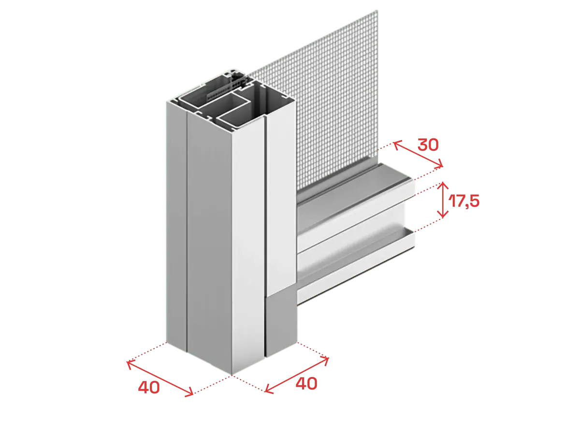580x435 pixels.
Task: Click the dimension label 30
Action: [x=428, y=145]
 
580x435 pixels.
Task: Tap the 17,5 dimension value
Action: [x=464, y=201]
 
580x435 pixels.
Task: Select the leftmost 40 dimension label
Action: [x=149, y=388]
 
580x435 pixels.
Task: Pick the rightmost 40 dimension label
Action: [x=306, y=383]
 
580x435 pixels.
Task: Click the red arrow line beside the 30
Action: [x=418, y=154]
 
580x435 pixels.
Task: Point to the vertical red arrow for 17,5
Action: [x=443, y=200]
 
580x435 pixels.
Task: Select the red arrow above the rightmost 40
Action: [x=297, y=376]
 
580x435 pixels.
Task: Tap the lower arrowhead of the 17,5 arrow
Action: [x=443, y=215]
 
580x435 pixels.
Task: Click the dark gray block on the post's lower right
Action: [x=281, y=324]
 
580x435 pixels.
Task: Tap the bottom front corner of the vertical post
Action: [x=232, y=375]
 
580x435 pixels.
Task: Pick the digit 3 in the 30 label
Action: [x=422, y=145]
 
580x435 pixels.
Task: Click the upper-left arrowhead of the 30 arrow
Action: [x=396, y=144]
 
